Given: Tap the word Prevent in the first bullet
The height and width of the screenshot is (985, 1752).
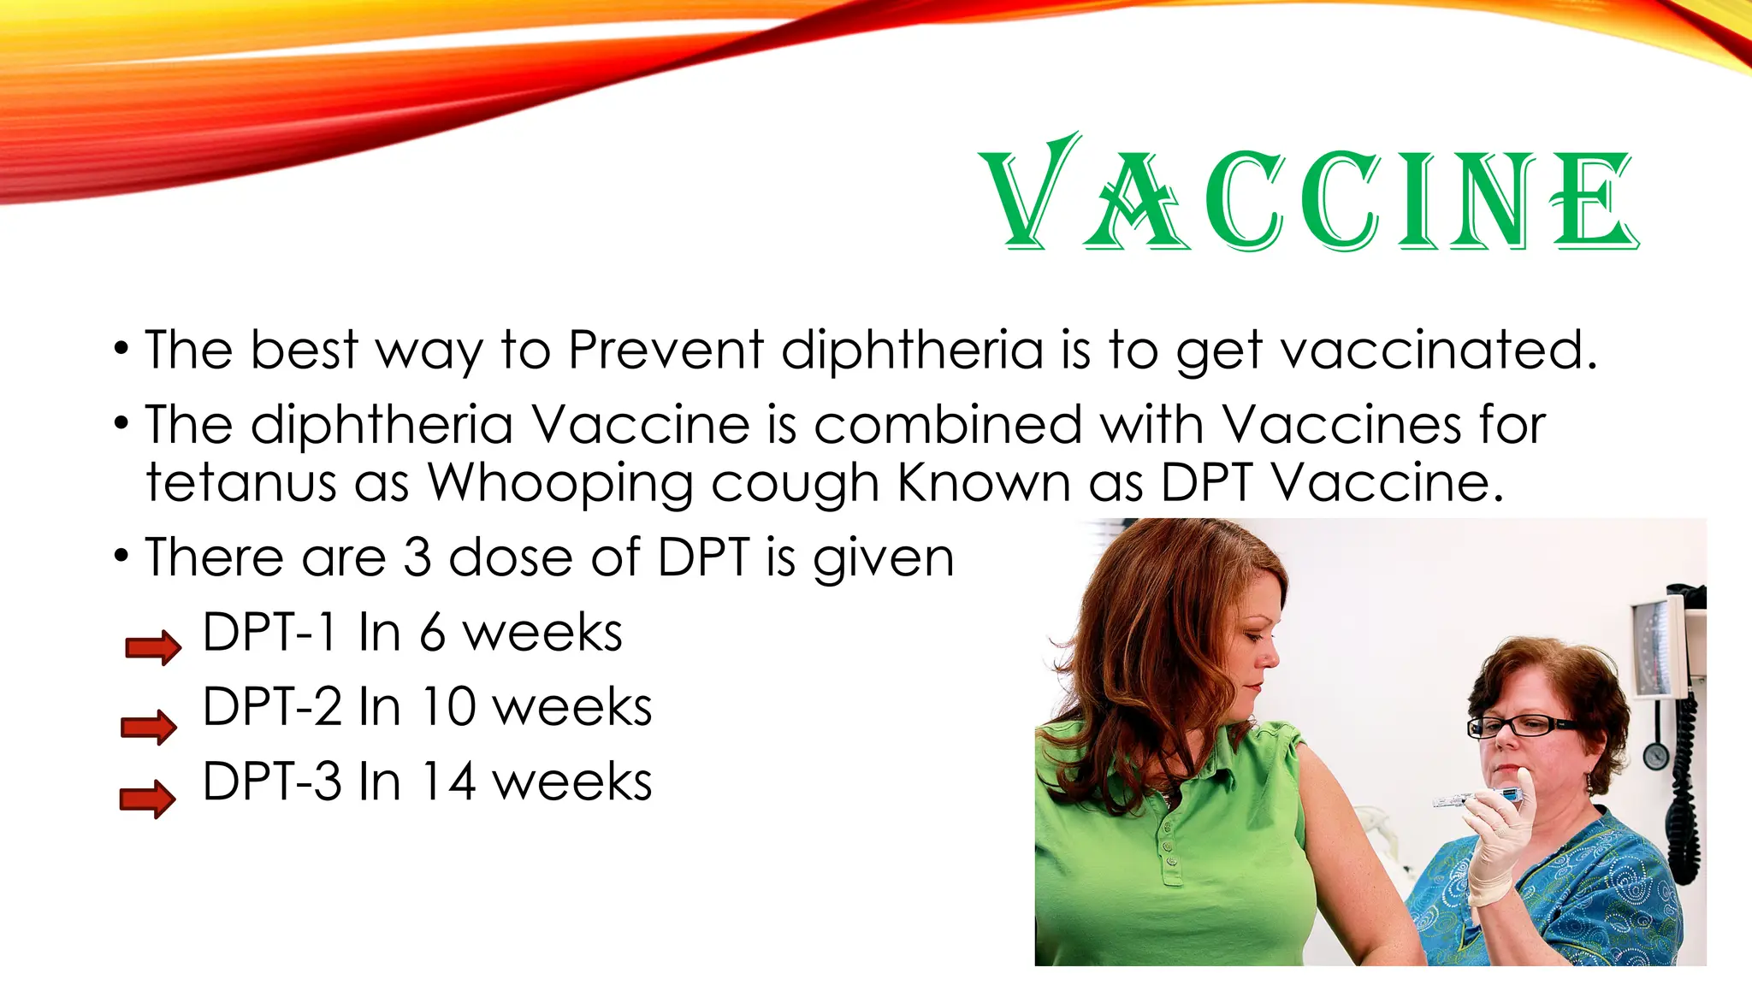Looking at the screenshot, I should pyautogui.click(x=666, y=351).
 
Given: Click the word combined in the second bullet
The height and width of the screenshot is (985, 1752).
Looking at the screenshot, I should pyautogui.click(x=948, y=425).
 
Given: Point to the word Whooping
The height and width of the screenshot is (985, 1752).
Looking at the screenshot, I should pyautogui.click(x=559, y=485).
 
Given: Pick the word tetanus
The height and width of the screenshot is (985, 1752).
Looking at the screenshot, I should pyautogui.click(x=241, y=483).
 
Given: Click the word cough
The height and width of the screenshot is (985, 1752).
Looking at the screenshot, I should pyautogui.click(x=795, y=485).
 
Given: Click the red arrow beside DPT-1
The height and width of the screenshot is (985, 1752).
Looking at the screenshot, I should pyautogui.click(x=153, y=647).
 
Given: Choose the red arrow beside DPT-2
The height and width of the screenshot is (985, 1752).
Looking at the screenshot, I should pyautogui.click(x=149, y=727).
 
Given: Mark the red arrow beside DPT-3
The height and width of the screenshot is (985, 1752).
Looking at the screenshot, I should pyautogui.click(x=147, y=799).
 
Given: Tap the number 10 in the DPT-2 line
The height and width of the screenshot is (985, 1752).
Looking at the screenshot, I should pyautogui.click(x=448, y=707).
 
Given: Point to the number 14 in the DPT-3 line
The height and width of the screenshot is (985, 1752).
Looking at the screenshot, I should pyautogui.click(x=448, y=782).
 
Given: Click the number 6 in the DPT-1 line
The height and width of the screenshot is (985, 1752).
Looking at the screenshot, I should pyautogui.click(x=432, y=633).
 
